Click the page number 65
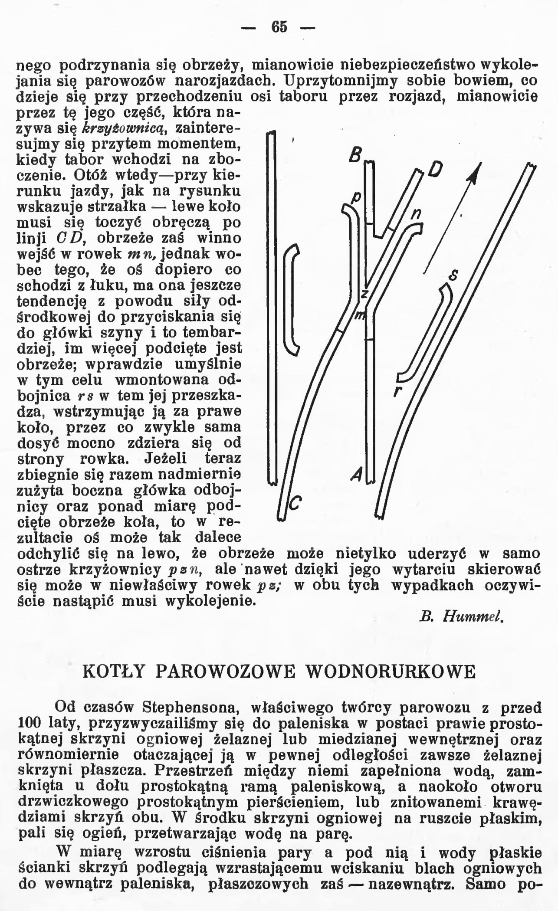[x=279, y=27]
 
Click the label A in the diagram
[x=357, y=476]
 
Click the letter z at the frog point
[x=365, y=293]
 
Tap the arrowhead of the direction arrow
[x=477, y=172]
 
